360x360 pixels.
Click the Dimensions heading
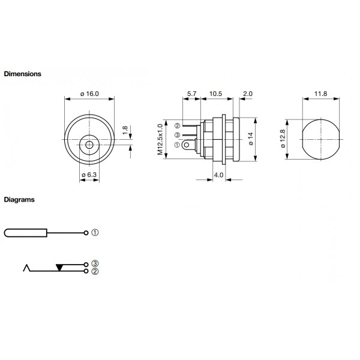coord(22,74)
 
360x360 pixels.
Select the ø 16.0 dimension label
coord(89,94)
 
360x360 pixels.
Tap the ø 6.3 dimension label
coord(89,175)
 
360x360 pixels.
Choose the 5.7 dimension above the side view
coord(191,94)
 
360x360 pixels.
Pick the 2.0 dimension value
coord(248,94)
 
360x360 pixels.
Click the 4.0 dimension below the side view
coord(218,175)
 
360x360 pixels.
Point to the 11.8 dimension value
coord(320,94)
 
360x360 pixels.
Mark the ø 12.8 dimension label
coord(283,139)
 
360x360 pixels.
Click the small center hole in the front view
coord(89,145)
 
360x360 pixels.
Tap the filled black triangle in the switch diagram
coord(60,266)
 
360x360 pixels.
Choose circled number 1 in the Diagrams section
coord(95,233)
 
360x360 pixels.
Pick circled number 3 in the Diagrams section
coord(95,264)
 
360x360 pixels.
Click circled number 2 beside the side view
coord(178,126)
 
